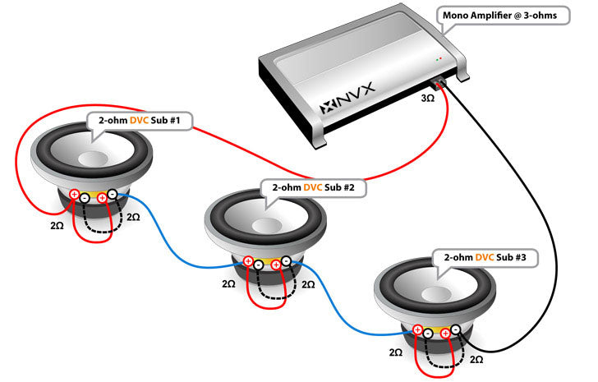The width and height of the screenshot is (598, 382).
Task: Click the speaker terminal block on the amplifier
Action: tap(441, 82)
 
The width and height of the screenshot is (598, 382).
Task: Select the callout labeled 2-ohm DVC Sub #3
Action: tap(485, 257)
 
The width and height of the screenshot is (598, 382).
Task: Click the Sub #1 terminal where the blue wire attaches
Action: tap(114, 196)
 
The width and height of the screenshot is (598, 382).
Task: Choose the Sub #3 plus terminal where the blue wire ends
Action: tap(417, 331)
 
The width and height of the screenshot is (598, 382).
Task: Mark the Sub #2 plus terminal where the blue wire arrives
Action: tap(246, 262)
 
